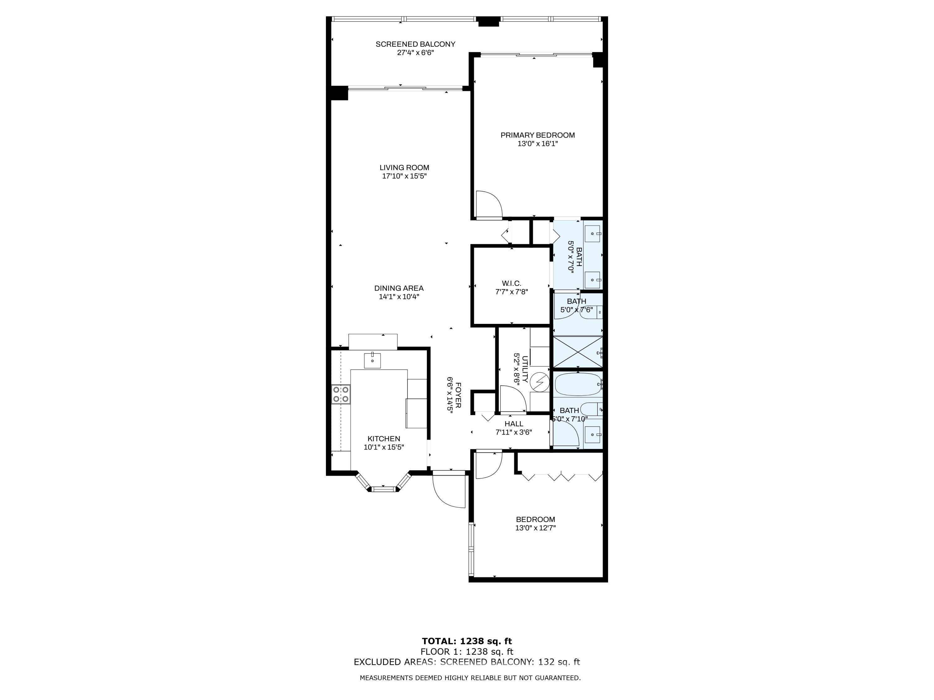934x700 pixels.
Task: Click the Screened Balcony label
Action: pyautogui.click(x=416, y=44)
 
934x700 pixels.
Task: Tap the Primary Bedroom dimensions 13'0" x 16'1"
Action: pyautogui.click(x=537, y=144)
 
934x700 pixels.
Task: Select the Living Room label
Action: pyautogui.click(x=404, y=167)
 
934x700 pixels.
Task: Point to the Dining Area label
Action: pyautogui.click(x=399, y=288)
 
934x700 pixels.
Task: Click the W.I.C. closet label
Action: pyautogui.click(x=511, y=283)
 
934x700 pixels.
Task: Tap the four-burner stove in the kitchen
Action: pyautogui.click(x=341, y=394)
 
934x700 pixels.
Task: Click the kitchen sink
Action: pyautogui.click(x=373, y=360)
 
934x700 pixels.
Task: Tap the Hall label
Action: pyautogui.click(x=514, y=424)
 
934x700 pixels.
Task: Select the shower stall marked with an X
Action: pyautogui.click(x=578, y=352)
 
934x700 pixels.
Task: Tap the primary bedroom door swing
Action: pyautogui.click(x=489, y=205)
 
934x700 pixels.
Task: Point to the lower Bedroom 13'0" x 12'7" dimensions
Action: pyautogui.click(x=535, y=528)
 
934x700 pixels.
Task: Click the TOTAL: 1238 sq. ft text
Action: pyautogui.click(x=467, y=641)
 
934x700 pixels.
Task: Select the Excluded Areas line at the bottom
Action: pyautogui.click(x=467, y=662)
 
